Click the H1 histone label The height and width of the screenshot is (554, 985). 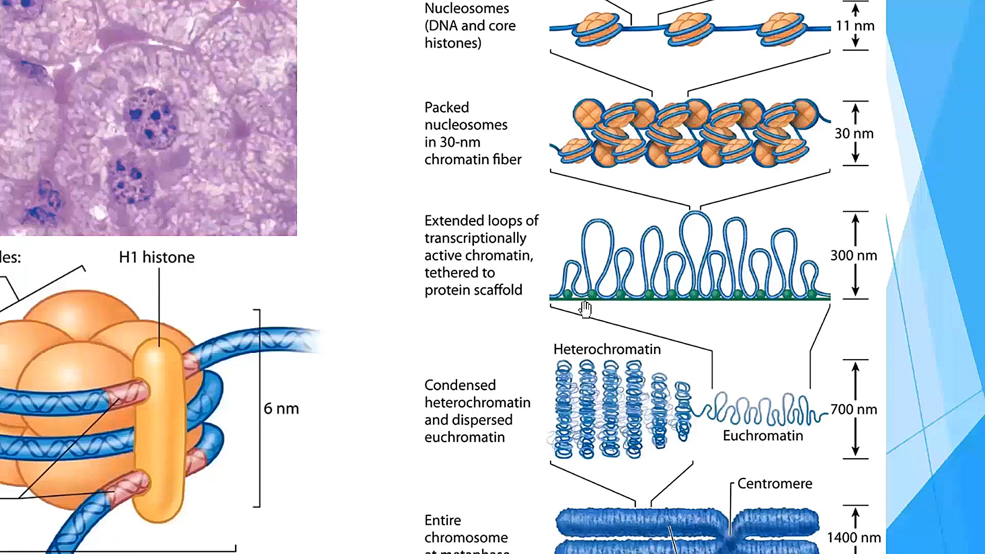click(x=156, y=257)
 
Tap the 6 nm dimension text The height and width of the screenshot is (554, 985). click(x=281, y=409)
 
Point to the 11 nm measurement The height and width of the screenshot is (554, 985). click(x=855, y=26)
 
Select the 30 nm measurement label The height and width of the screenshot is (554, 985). click(x=854, y=133)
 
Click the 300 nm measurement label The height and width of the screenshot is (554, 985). click(x=854, y=255)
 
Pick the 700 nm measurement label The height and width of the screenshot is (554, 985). click(x=854, y=409)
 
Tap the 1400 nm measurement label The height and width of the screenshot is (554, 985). click(x=854, y=538)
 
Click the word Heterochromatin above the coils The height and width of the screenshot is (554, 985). click(x=607, y=349)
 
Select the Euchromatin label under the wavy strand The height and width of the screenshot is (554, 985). click(x=763, y=436)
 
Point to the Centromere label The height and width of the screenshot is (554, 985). click(x=775, y=484)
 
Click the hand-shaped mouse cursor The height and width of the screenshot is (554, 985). click(x=586, y=309)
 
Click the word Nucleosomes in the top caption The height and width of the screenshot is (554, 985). click(x=467, y=8)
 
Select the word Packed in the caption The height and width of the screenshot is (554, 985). click(x=446, y=107)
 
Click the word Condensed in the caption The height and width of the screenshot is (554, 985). click(x=460, y=385)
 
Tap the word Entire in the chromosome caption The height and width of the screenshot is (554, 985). click(x=442, y=520)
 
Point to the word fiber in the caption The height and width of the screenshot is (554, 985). click(x=507, y=160)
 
